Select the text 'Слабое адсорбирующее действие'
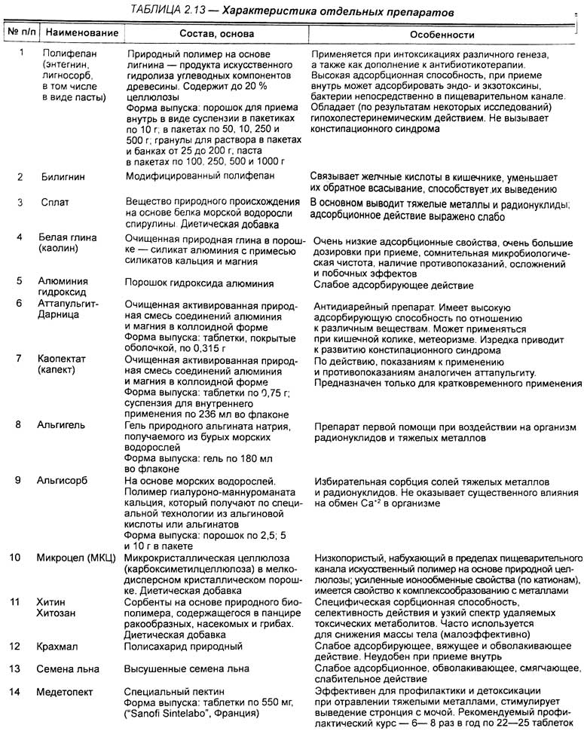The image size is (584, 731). coord(393,286)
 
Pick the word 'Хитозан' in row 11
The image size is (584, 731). coord(58,612)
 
